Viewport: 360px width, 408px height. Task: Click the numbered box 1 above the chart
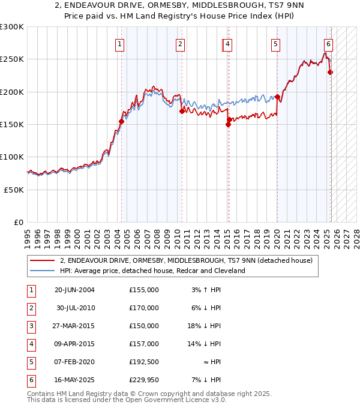120,44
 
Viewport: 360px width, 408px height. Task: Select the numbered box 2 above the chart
180,44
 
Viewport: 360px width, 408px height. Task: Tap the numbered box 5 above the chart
275,44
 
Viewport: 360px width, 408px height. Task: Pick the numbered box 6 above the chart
329,44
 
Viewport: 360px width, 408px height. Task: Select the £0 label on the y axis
19,222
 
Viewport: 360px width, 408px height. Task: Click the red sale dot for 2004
121,121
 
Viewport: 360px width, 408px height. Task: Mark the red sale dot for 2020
277,97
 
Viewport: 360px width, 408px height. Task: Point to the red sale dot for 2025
330,73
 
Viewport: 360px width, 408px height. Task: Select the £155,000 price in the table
144,290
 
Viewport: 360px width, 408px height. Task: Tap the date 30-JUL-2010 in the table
76,308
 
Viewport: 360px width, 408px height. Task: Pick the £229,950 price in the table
144,380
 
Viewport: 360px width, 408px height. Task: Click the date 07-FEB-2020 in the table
74,362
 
